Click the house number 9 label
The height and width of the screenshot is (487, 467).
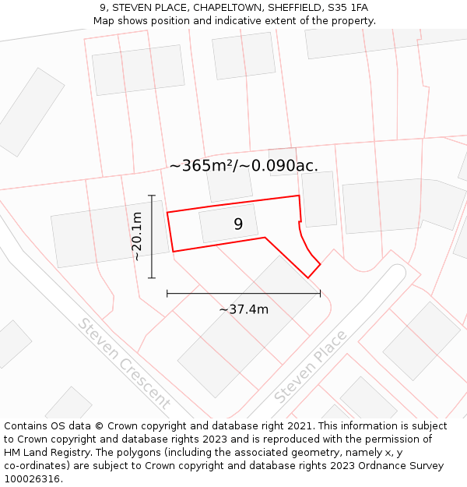point(238,224)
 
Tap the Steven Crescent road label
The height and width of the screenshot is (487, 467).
point(123,364)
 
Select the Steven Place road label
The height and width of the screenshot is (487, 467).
point(310,367)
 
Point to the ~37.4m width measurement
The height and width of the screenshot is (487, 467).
point(244,309)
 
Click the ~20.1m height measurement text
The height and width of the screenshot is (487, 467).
point(137,236)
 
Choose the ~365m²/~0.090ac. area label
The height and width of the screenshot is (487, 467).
point(244,165)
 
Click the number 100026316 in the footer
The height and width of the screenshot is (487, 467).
point(33,479)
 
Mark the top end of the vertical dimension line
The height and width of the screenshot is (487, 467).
point(152,195)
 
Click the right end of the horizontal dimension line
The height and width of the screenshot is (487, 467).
point(320,293)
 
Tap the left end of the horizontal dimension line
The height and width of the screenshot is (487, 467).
point(167,293)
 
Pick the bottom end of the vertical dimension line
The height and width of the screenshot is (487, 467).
point(152,277)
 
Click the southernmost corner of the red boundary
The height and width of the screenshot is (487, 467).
point(308,277)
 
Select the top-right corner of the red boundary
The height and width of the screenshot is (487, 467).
point(299,196)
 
